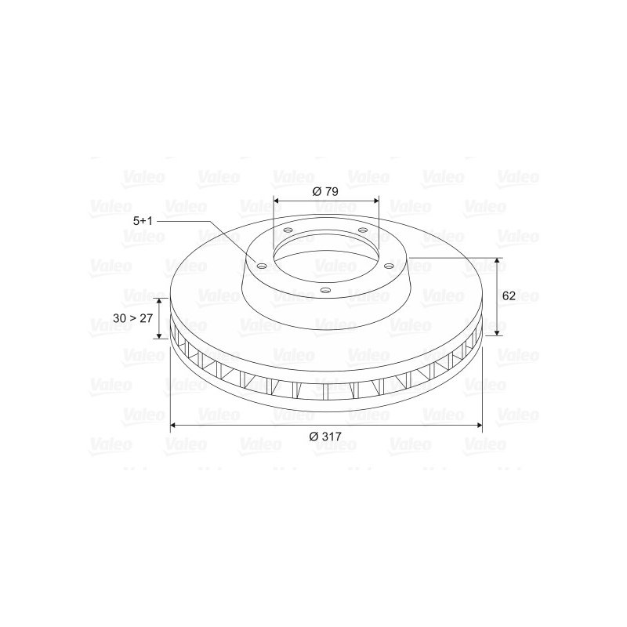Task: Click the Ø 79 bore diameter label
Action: tap(325, 191)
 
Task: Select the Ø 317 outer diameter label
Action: tap(325, 437)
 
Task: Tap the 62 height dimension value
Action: tap(509, 296)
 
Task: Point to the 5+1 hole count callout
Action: tap(143, 221)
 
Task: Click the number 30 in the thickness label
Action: tap(119, 318)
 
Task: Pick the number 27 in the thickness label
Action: tap(147, 318)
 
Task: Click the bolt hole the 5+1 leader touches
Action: tap(262, 266)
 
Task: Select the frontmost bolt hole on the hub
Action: tap(326, 290)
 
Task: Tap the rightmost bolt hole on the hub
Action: tap(387, 265)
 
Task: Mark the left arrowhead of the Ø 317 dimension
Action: tap(173, 425)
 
